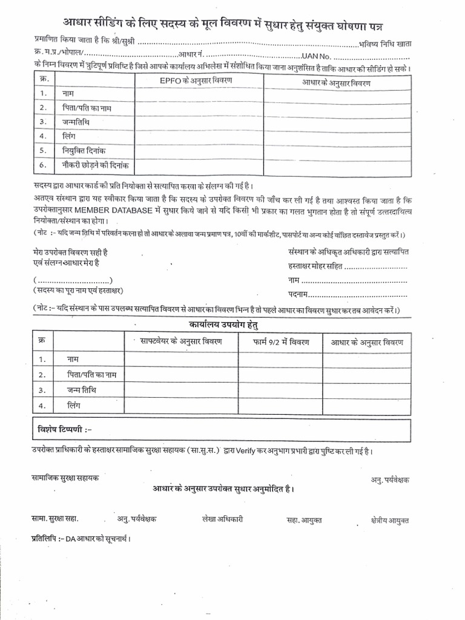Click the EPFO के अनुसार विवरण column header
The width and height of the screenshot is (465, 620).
199,81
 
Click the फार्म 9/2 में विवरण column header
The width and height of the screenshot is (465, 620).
282,343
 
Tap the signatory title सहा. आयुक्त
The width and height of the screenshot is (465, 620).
304,520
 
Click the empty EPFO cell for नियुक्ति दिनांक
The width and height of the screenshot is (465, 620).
199,150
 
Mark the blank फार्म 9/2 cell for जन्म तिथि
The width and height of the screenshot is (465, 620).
282,391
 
